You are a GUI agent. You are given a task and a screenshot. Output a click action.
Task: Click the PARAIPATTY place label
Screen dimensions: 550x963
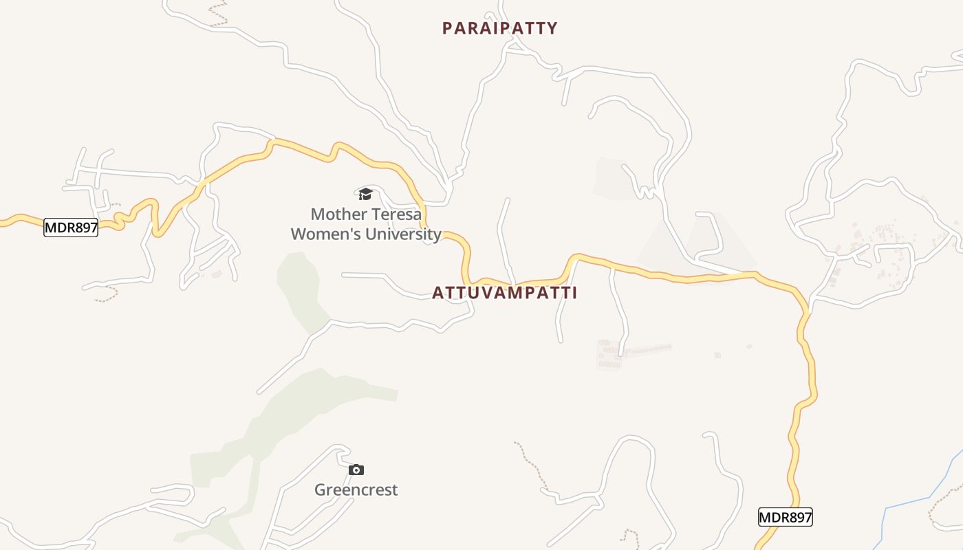pos(499,28)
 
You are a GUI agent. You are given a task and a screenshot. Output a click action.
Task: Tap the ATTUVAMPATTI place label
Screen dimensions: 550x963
pos(504,293)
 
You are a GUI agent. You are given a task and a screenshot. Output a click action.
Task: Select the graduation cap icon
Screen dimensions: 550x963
pos(365,195)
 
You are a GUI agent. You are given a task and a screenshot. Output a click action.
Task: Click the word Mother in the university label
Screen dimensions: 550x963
pos(336,214)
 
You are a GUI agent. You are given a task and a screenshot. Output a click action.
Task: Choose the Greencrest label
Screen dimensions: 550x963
pos(356,490)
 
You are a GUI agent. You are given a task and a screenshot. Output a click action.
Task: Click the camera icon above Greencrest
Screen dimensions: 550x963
pos(356,470)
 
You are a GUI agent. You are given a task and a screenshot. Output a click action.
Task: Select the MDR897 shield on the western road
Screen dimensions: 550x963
pos(71,228)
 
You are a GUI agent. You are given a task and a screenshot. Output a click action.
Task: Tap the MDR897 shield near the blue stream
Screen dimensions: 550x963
pos(785,517)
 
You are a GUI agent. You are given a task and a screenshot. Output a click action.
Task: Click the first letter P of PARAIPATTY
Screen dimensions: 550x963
pos(447,28)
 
